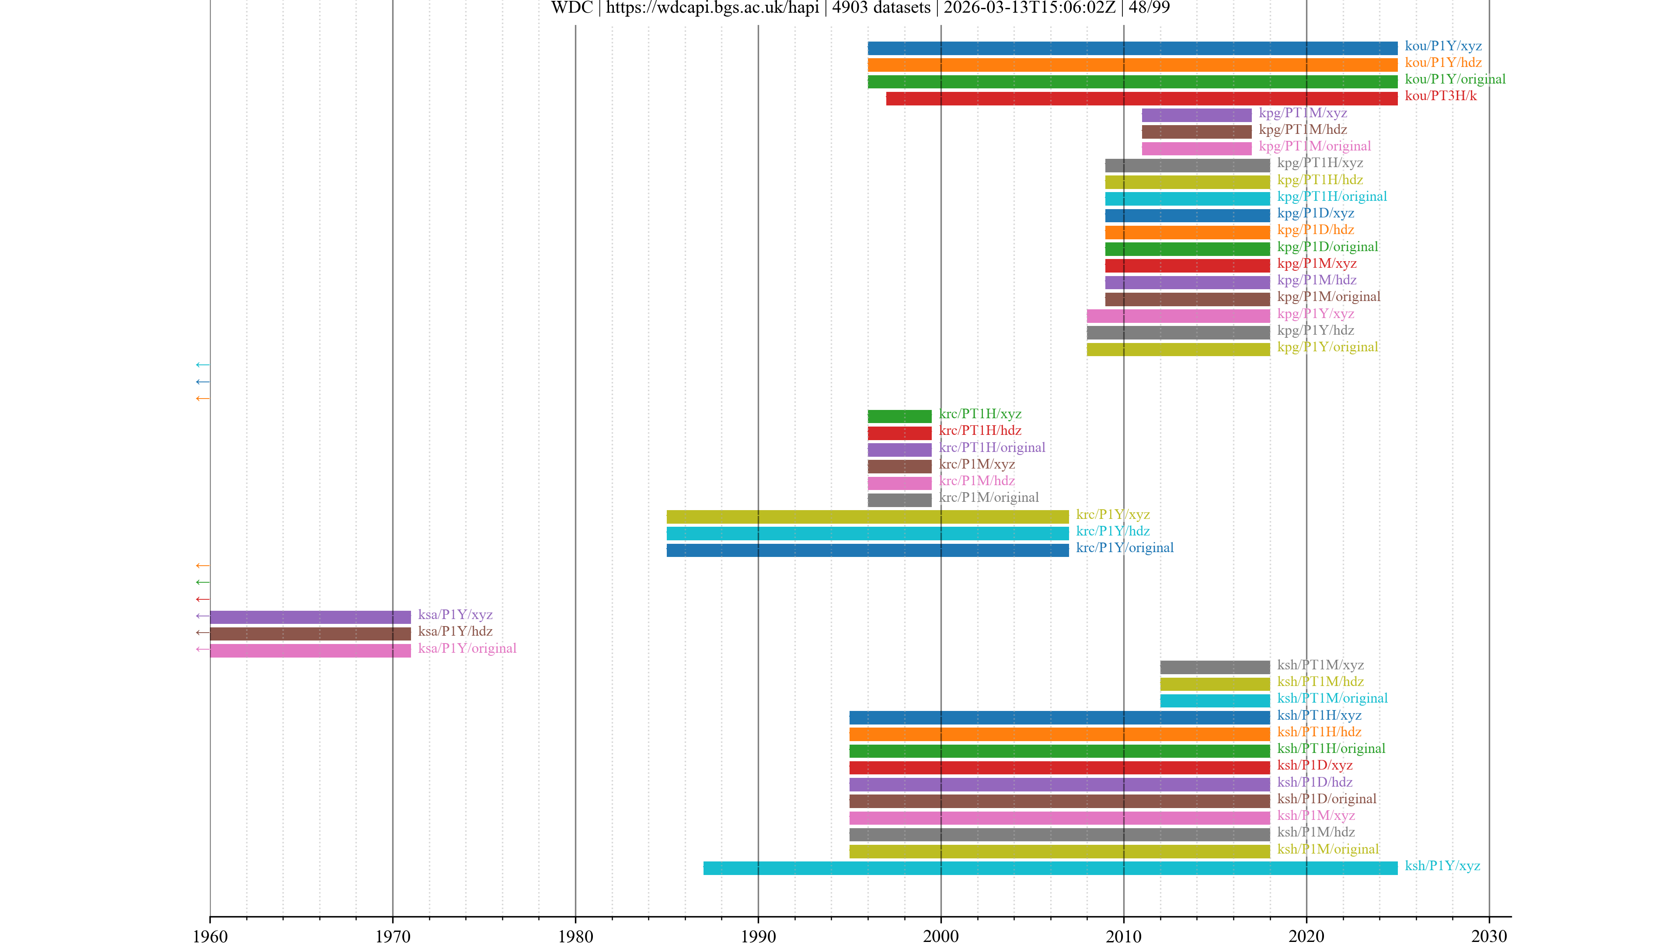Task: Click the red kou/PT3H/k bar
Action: (1141, 98)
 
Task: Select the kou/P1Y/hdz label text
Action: (1443, 63)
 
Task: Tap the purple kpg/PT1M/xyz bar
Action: (1196, 115)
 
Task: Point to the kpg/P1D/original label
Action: (1327, 246)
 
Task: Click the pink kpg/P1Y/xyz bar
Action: (1178, 316)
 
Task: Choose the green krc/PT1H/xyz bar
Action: (899, 416)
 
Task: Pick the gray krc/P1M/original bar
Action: (899, 500)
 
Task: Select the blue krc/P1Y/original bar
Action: (867, 550)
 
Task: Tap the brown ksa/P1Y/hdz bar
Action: (310, 634)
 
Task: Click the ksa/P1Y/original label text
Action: (467, 648)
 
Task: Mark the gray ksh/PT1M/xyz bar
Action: (1214, 667)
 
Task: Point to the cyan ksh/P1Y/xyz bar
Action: (1050, 868)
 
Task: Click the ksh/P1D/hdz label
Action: (1314, 782)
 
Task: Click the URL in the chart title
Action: (712, 8)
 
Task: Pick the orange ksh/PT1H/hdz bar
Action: (1059, 735)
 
